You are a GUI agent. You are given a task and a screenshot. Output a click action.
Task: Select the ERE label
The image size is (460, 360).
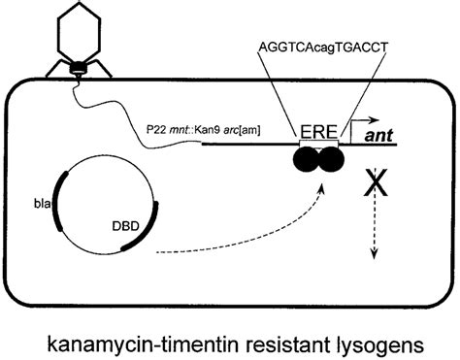[318, 128]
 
